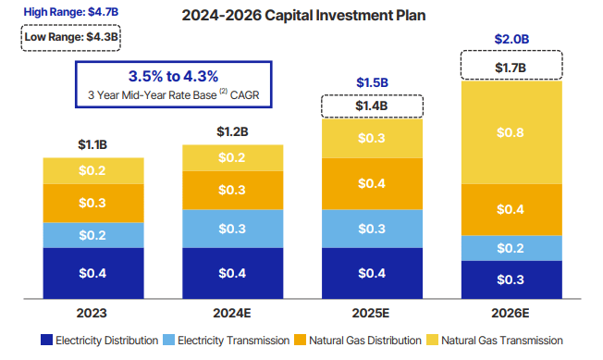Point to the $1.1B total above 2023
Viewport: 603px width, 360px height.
[x=93, y=145]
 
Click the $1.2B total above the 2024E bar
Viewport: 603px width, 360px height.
[x=232, y=132]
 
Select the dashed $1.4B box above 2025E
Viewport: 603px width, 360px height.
[x=371, y=106]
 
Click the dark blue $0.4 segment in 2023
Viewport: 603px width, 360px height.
[x=93, y=273]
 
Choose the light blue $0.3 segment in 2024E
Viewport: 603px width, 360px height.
[x=232, y=229]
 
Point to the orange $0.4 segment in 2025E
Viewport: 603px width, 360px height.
[x=371, y=183]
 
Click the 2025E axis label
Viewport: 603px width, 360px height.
[x=371, y=312]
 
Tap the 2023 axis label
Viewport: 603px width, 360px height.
[x=93, y=312]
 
